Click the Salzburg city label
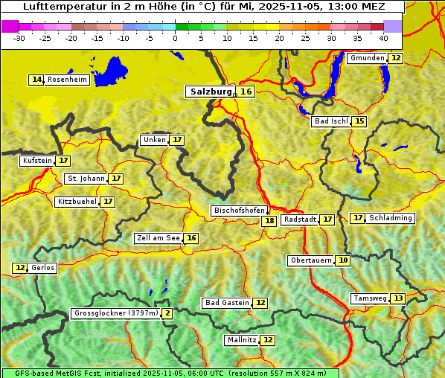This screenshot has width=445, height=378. click(211, 92)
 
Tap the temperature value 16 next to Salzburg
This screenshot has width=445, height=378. click(246, 92)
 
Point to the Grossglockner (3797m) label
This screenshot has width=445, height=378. click(116, 313)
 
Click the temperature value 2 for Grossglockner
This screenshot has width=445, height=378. click(167, 313)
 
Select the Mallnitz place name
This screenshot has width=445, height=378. click(241, 340)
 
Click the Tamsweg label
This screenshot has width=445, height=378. click(370, 298)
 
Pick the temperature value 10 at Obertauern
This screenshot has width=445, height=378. click(342, 260)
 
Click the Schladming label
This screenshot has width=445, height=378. click(391, 218)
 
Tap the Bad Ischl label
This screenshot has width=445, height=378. click(330, 121)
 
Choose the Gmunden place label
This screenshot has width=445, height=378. click(367, 58)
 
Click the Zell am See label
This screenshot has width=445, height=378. click(159, 238)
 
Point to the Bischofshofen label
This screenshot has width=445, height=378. click(239, 211)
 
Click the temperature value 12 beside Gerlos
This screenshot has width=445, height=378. click(20, 268)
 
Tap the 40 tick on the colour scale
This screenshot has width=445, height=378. click(383, 38)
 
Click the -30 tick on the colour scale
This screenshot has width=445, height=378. click(19, 38)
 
